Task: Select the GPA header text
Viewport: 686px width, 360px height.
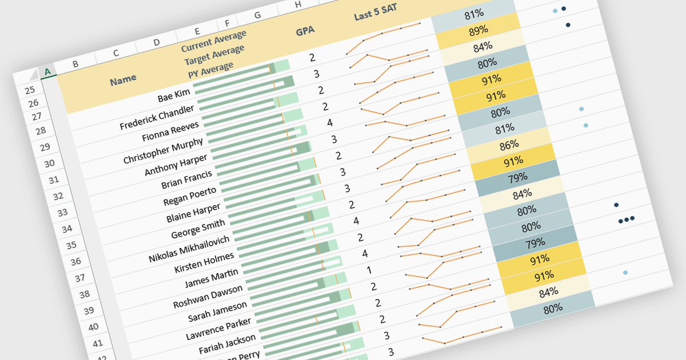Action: click(x=305, y=31)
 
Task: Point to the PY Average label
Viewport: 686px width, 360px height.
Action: click(x=211, y=70)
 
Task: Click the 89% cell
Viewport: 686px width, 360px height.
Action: click(x=478, y=30)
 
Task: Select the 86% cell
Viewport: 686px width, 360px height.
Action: click(x=509, y=145)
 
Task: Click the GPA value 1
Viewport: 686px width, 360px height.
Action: click(x=369, y=270)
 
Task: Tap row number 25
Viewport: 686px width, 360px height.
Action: click(x=30, y=90)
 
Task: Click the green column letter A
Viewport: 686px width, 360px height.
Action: click(x=47, y=71)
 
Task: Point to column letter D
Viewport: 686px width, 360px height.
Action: click(x=156, y=42)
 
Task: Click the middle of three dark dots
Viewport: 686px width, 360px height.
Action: click(x=627, y=219)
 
